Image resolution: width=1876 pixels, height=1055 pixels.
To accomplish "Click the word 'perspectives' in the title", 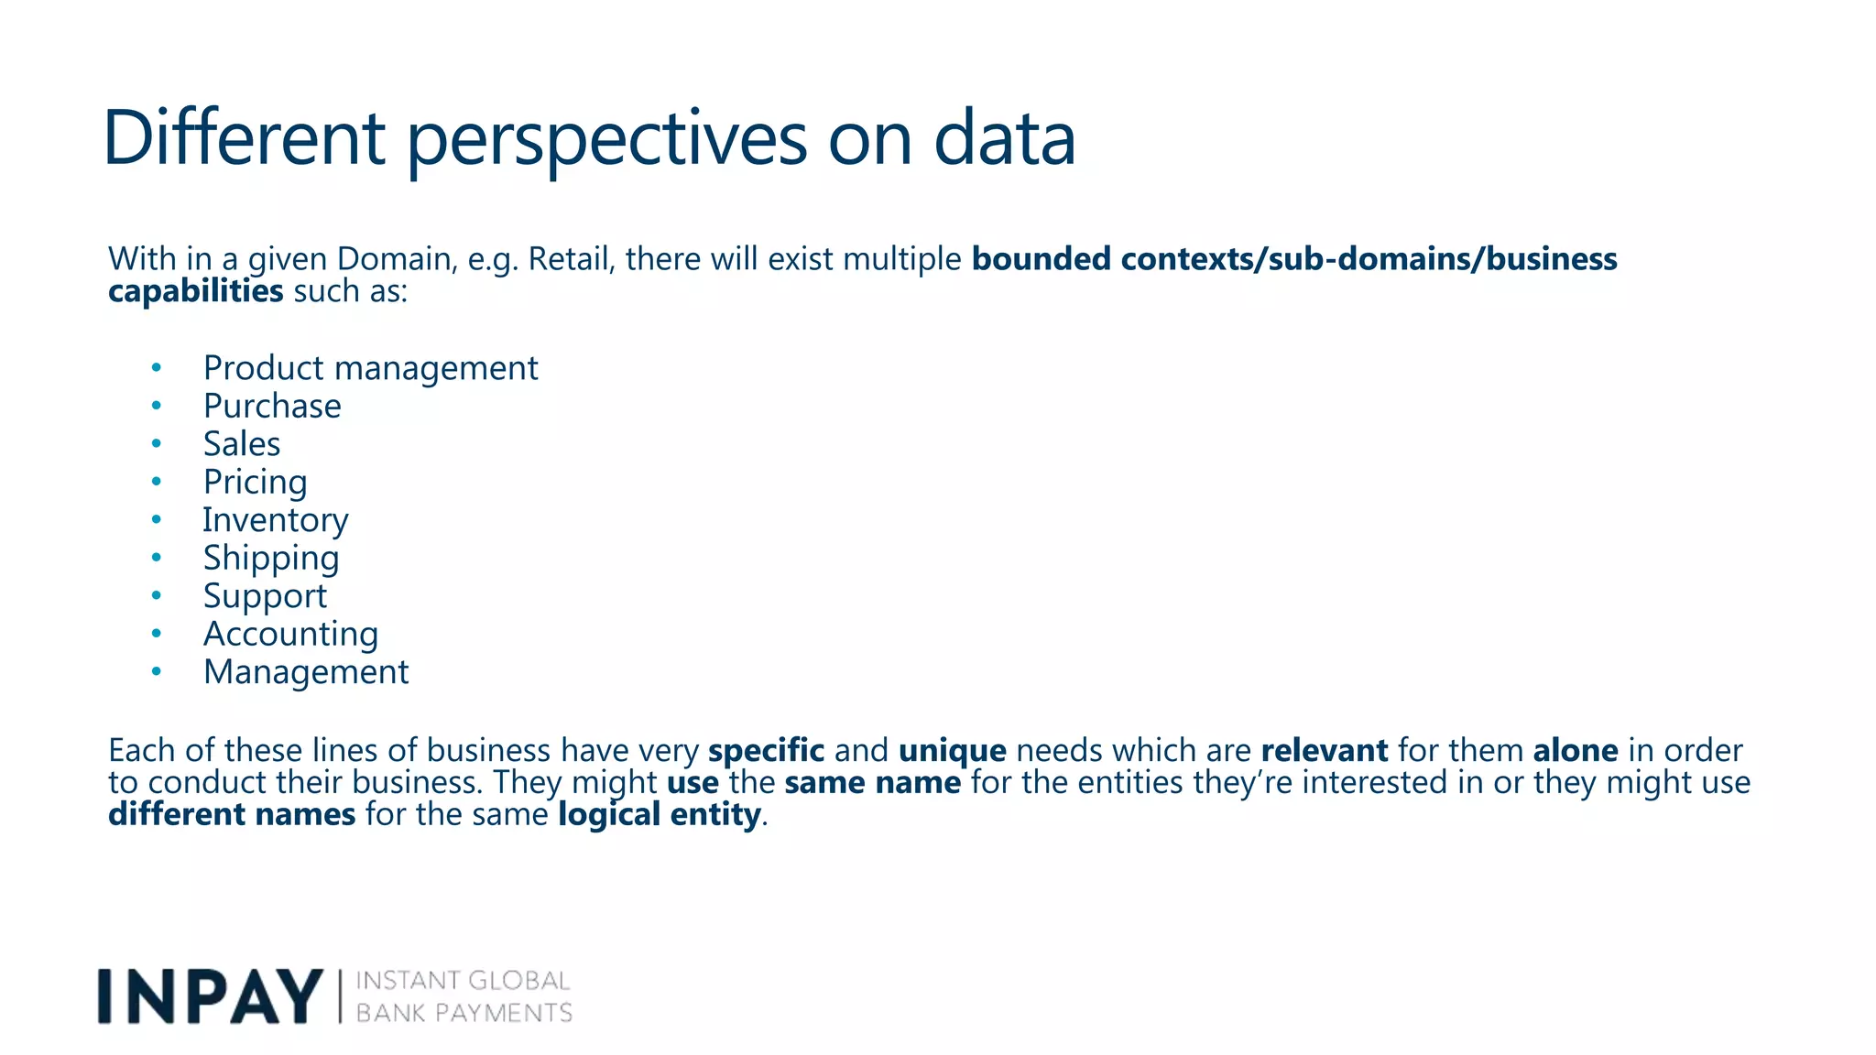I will [x=606, y=139].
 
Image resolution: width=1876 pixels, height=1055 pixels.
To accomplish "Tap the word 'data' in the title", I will [x=1004, y=139].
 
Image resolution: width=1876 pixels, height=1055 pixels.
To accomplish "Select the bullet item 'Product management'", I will [x=370, y=368].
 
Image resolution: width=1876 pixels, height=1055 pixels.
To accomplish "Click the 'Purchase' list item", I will [x=272, y=406].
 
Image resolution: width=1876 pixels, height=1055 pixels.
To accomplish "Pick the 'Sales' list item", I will [x=242, y=444].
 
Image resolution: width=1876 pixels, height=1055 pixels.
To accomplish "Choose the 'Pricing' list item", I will [x=255, y=482].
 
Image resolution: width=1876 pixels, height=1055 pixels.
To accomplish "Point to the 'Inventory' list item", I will [x=275, y=520].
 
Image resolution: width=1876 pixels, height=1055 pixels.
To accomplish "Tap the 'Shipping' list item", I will [x=271, y=558].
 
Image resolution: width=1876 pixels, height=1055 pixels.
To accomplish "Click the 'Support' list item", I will [x=265, y=596].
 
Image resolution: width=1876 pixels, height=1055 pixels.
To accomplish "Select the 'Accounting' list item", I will [x=290, y=634].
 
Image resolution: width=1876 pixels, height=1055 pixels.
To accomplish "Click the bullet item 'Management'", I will [x=306, y=672].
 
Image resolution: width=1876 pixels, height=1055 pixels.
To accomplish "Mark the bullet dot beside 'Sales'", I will [x=157, y=444].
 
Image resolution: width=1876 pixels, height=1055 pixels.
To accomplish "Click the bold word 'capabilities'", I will [x=195, y=291].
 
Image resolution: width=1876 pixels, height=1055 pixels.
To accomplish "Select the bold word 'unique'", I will [x=952, y=751].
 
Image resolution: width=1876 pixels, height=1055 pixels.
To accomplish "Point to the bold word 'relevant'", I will [x=1324, y=751].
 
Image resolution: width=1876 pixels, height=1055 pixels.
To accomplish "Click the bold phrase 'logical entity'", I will [x=660, y=814].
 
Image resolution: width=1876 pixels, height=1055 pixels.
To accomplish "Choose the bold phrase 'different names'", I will [x=232, y=814].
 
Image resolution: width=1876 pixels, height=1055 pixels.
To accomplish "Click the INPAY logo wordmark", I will [x=210, y=996].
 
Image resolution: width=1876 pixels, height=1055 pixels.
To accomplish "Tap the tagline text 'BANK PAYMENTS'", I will [x=464, y=1013].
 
